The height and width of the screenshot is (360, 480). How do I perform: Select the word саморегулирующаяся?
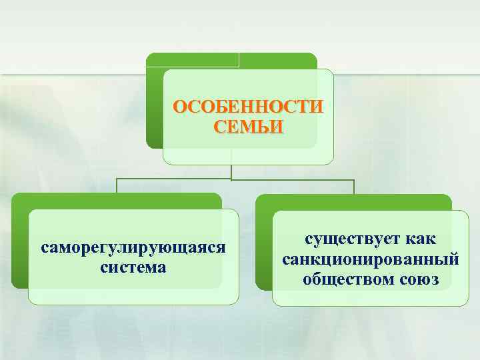(x=133, y=248)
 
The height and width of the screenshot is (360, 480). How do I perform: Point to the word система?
(x=133, y=267)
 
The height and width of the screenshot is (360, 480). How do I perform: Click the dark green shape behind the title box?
(x=154, y=100)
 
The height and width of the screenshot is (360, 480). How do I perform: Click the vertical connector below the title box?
(x=231, y=171)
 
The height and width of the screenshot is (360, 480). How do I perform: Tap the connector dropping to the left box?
(x=117, y=186)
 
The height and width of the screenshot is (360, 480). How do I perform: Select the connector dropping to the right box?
(x=354, y=186)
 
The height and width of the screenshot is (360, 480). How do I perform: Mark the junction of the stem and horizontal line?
(x=231, y=179)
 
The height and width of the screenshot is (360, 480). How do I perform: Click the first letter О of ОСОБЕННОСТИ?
(x=179, y=107)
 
